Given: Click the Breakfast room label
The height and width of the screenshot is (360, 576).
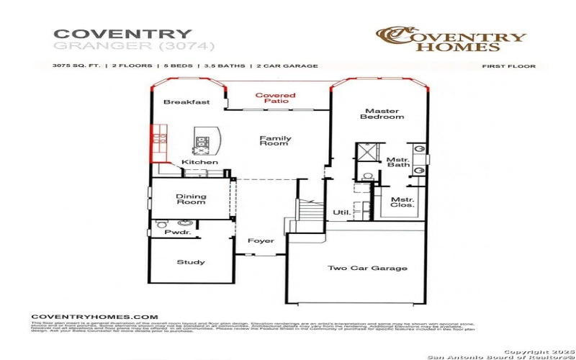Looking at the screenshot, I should [x=186, y=102].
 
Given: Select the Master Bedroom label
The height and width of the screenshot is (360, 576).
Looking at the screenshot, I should [x=382, y=114].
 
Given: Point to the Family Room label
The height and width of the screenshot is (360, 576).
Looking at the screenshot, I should [x=275, y=140].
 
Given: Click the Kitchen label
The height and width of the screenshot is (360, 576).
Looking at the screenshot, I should [x=199, y=163].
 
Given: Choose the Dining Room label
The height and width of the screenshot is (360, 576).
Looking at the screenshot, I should [x=191, y=199].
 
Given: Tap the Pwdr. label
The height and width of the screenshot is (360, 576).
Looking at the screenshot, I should [x=176, y=233].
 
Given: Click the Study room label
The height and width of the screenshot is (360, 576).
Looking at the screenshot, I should [x=190, y=262].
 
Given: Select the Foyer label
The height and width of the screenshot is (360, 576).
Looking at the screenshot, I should [x=260, y=241].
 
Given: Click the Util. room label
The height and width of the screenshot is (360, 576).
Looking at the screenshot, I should [x=341, y=212].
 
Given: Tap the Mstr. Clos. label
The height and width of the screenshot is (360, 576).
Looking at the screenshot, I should [x=402, y=202].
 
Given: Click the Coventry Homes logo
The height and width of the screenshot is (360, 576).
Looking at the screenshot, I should [x=451, y=40].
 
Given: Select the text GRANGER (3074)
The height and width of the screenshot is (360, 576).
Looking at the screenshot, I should [x=124, y=47].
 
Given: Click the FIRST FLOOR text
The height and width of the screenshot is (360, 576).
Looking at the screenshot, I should [x=508, y=66].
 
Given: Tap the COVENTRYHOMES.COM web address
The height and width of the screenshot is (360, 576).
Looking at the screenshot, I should [x=94, y=317].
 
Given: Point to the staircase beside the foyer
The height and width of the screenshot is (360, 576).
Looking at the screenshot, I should [x=308, y=212].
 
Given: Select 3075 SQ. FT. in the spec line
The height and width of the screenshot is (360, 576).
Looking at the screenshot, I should [x=78, y=66].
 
